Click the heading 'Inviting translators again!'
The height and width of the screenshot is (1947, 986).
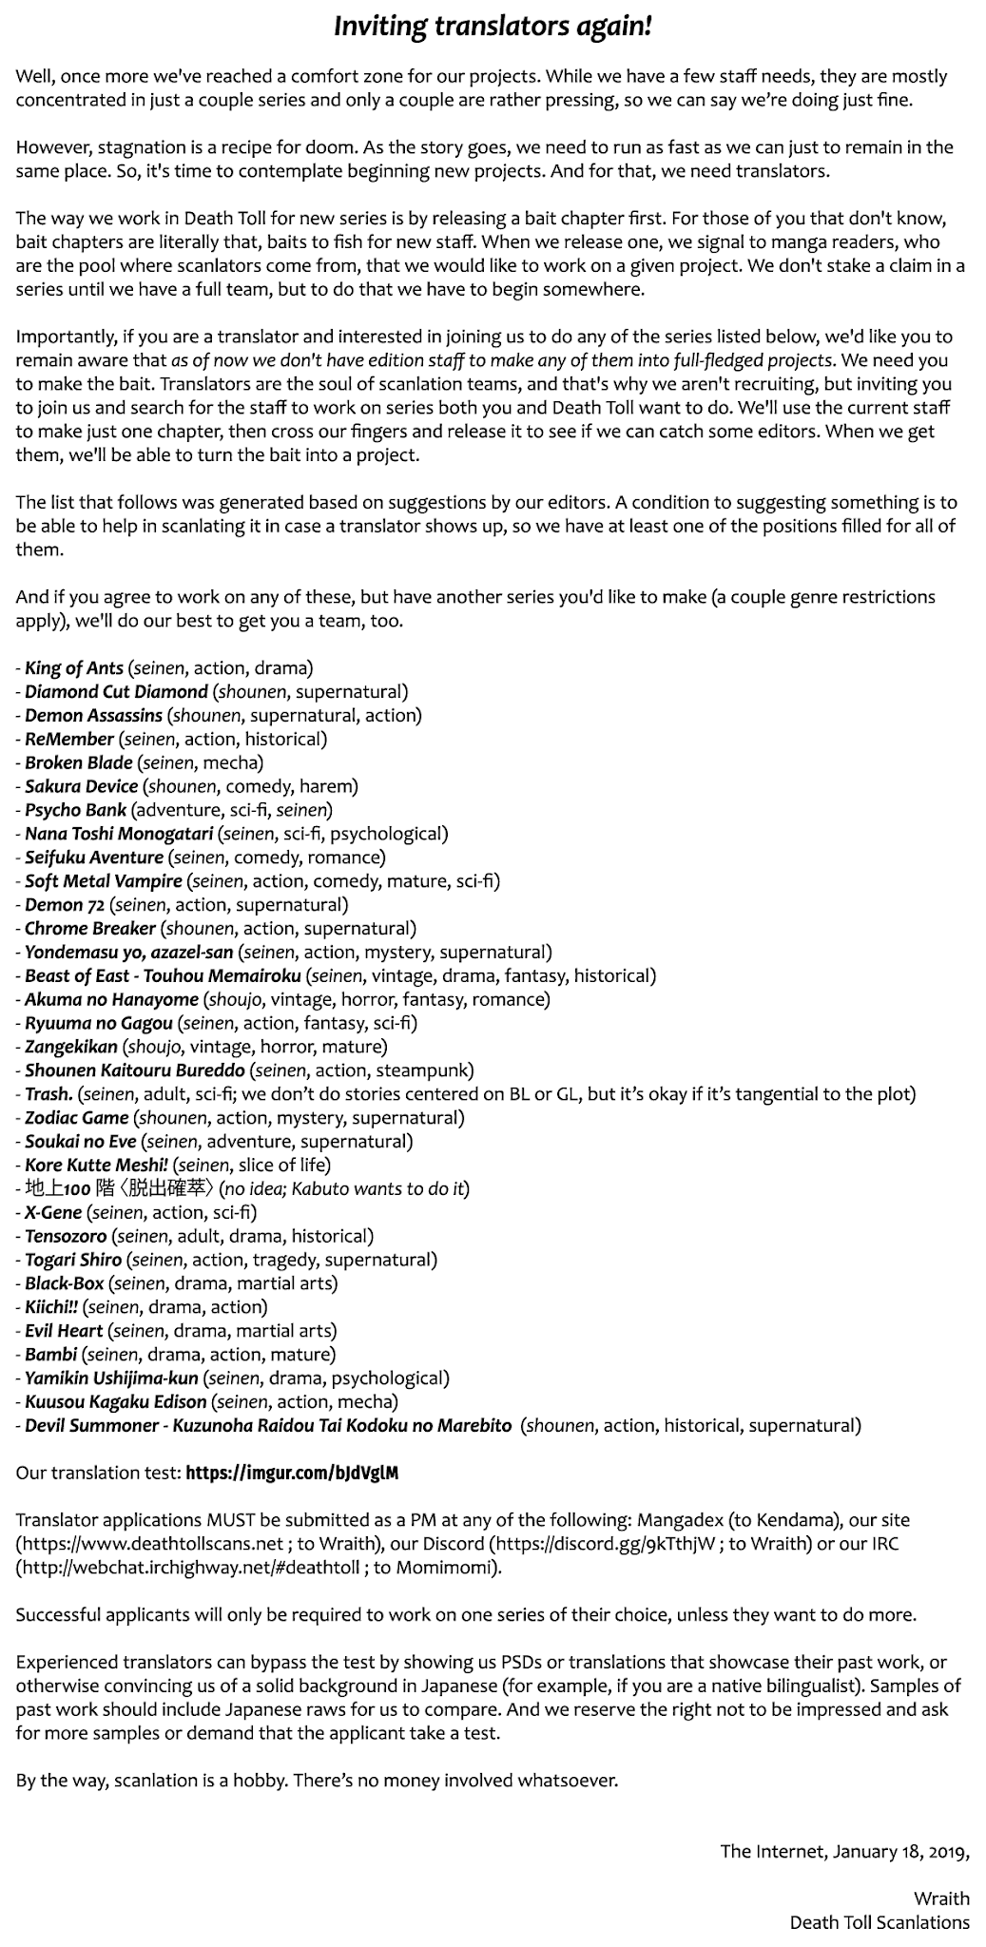[493, 28]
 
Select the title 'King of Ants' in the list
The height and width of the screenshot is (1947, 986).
[74, 668]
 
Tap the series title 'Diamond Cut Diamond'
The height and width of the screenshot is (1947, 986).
[116, 692]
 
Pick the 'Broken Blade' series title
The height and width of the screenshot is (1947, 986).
[80, 762]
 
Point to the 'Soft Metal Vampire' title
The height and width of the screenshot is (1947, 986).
[103, 881]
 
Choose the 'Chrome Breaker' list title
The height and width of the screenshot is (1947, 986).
[89, 929]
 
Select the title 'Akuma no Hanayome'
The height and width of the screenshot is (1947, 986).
[111, 999]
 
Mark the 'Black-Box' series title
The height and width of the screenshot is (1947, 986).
[65, 1283]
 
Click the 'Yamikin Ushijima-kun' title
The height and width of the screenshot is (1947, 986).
[111, 1378]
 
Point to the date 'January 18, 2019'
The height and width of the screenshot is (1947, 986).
[899, 1851]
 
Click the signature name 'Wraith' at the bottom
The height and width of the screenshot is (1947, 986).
[941, 1899]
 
